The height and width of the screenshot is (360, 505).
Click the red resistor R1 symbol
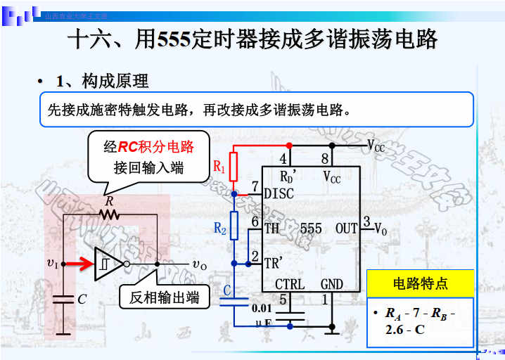click(x=234, y=166)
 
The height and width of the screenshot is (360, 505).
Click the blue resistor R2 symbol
click(x=234, y=226)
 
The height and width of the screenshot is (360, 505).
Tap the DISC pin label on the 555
click(x=278, y=193)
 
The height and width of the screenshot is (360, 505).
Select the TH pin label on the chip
click(x=271, y=229)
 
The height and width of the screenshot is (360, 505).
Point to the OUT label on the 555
click(x=346, y=229)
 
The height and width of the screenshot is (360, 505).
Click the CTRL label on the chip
click(x=290, y=284)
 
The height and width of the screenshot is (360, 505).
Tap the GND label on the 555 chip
click(x=332, y=284)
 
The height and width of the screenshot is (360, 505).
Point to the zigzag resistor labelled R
click(x=108, y=214)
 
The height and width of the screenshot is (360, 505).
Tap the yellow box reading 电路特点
click(x=420, y=284)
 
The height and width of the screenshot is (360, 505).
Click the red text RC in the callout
click(x=128, y=147)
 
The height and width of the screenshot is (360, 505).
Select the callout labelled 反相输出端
click(x=164, y=297)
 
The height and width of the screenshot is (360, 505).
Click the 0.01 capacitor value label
click(x=262, y=307)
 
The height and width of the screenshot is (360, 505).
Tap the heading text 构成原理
click(x=115, y=82)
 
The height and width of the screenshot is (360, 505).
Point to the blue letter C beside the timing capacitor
click(x=226, y=290)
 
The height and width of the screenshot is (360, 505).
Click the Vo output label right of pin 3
click(x=381, y=229)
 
